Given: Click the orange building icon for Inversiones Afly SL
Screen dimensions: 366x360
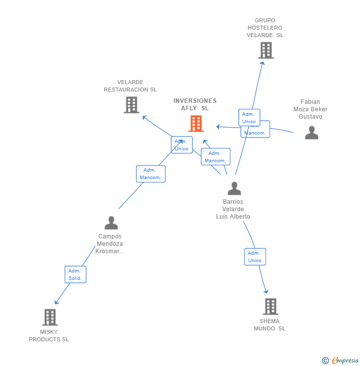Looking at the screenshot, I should coord(196,124).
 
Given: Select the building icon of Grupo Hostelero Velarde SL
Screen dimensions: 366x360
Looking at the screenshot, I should coord(266,50).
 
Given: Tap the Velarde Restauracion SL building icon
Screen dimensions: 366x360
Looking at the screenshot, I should coord(131,105).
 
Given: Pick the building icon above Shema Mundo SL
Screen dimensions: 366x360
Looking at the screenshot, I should coord(270,307).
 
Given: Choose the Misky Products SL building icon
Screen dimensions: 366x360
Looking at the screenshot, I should coord(49,317).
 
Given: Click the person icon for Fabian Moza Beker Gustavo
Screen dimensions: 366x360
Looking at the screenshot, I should coord(312,133).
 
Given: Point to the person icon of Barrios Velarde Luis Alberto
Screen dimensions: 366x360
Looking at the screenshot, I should coord(234,188).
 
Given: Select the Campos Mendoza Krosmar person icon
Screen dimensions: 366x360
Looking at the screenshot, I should coord(111,223).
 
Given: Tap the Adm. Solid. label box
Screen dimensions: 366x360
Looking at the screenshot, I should coord(75,274).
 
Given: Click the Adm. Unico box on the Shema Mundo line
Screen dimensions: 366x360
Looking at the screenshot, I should coord(255,257).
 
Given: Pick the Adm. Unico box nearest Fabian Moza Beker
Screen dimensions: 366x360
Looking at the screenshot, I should coord(249,118).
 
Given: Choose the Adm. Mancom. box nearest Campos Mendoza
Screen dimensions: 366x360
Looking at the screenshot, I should coord(150,174).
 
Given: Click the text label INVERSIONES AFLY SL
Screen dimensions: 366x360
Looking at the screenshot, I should coord(195,104).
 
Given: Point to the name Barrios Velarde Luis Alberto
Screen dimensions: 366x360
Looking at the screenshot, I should coord(233,209).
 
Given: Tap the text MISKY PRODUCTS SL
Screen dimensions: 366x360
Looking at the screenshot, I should coord(49,336).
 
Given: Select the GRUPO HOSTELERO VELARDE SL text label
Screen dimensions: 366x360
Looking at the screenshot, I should coord(265,28).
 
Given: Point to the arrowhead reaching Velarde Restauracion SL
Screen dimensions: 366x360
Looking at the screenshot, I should coord(144,117).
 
